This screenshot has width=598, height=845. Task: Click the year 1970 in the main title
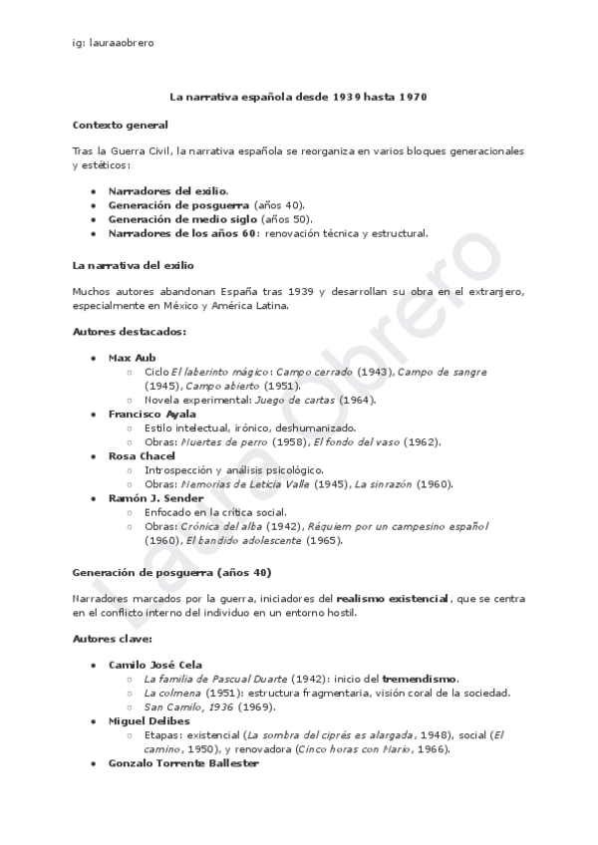[413, 97]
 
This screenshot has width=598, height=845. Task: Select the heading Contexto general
[120, 125]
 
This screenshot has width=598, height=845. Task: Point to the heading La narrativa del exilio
[134, 266]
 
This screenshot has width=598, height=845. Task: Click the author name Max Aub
[133, 357]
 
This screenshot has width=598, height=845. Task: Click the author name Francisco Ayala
[151, 413]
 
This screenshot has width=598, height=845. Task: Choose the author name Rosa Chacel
[142, 455]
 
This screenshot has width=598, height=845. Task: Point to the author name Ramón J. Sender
[155, 497]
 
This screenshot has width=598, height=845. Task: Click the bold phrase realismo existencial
[392, 597]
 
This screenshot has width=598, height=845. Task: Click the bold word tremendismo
[418, 678]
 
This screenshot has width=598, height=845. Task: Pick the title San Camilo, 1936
[189, 706]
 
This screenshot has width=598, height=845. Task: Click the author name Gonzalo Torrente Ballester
[182, 762]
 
